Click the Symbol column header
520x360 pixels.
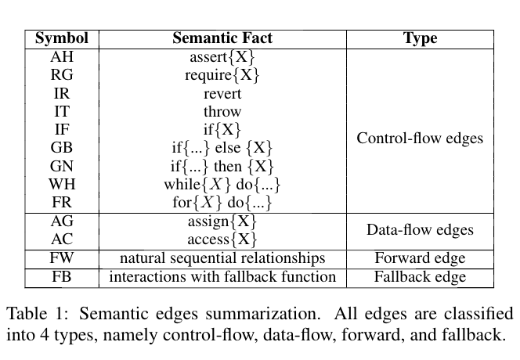[x=61, y=38]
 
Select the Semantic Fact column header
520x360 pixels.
[x=222, y=38]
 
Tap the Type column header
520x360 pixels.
[x=420, y=38]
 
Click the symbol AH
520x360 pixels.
[x=61, y=57]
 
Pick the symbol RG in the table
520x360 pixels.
[x=61, y=76]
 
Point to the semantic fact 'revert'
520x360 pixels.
[x=222, y=94]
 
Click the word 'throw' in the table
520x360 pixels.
[x=222, y=112]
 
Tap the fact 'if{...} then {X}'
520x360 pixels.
[x=222, y=167]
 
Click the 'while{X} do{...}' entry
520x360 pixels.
[x=222, y=185]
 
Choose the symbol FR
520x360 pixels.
[x=61, y=203]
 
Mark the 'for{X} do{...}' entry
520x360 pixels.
[x=222, y=203]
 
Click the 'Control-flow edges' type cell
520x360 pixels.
[x=420, y=139]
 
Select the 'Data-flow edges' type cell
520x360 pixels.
[x=420, y=230]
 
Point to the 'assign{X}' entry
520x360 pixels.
[x=222, y=221]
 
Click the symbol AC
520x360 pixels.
[x=61, y=239]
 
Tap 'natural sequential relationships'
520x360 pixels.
[x=222, y=258]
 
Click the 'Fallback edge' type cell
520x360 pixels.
[x=420, y=277]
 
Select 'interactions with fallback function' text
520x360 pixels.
[x=222, y=277]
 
